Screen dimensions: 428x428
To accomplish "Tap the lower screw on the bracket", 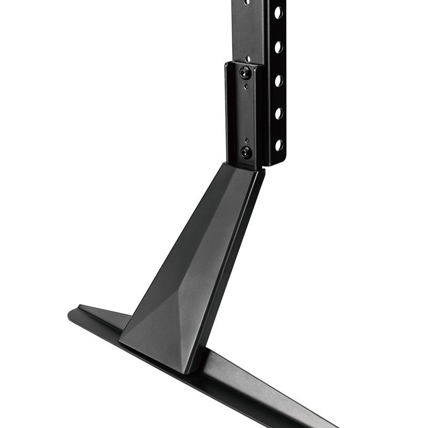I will click(246, 152).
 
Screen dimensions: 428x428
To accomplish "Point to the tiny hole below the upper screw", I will click(245, 86).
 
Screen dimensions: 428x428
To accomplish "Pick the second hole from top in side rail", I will click(279, 47).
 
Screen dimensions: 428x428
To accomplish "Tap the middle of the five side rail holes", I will click(279, 80).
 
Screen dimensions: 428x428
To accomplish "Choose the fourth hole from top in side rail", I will click(279, 113).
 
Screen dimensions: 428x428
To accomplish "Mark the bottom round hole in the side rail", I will click(279, 144).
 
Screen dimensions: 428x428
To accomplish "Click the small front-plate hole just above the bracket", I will click(248, 55).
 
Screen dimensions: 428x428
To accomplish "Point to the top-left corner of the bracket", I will click(227, 64).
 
